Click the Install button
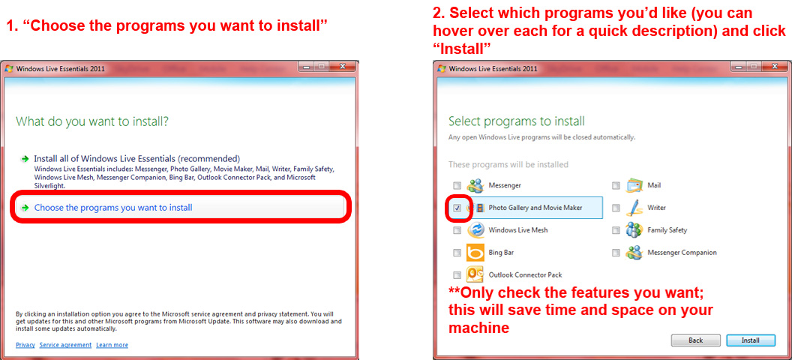pyautogui.click(x=750, y=340)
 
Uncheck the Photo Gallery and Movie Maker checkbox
pyautogui.click(x=457, y=208)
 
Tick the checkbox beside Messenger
pyautogui.click(x=457, y=185)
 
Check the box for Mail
pyautogui.click(x=616, y=185)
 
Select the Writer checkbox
pyautogui.click(x=616, y=208)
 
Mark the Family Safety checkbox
pyautogui.click(x=616, y=230)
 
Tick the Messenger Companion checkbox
pyautogui.click(x=616, y=253)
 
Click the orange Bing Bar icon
pyautogui.click(x=475, y=253)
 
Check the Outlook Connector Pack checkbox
pyautogui.click(x=457, y=275)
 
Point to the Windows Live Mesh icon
pyautogui.click(x=475, y=230)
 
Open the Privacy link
pyautogui.click(x=25, y=345)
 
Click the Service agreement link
pyautogui.click(x=65, y=345)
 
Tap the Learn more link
pyautogui.click(x=112, y=345)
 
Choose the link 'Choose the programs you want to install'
pyautogui.click(x=113, y=208)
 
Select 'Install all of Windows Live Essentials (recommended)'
pyautogui.click(x=136, y=159)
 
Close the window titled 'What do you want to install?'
pyautogui.click(x=343, y=67)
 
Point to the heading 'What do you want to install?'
pyautogui.click(x=92, y=121)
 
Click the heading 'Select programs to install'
pyautogui.click(x=516, y=121)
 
